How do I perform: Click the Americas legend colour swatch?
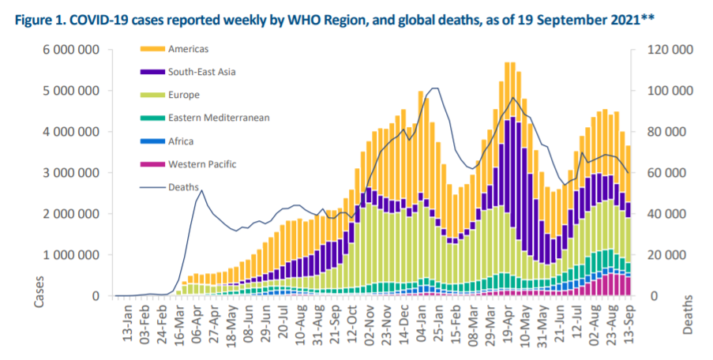pos(152,49)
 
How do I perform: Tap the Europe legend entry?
pos(183,95)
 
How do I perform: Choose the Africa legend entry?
pos(181,141)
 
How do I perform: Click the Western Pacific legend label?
pos(201,164)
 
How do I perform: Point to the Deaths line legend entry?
pos(183,187)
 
